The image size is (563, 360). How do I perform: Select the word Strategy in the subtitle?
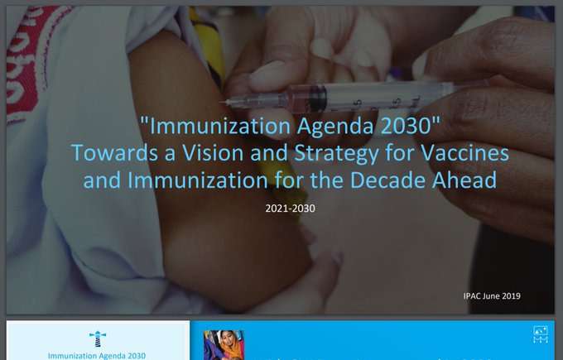coord(336,154)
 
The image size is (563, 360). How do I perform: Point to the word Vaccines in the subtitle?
coord(464,153)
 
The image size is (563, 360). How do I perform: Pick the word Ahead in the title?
coord(464,180)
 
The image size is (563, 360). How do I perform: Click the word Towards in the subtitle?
coord(114,153)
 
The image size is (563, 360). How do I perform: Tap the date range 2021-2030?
coord(290,209)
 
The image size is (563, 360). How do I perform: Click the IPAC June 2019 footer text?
coord(492,296)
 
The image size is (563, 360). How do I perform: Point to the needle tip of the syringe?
coord(222,103)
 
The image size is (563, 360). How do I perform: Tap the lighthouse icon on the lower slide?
coord(98,338)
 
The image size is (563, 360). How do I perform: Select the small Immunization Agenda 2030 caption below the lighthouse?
coord(97,356)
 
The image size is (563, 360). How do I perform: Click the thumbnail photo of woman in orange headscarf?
coord(224,345)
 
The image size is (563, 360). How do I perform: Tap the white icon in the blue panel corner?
coord(541,334)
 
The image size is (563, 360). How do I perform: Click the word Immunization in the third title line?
coord(198,180)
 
